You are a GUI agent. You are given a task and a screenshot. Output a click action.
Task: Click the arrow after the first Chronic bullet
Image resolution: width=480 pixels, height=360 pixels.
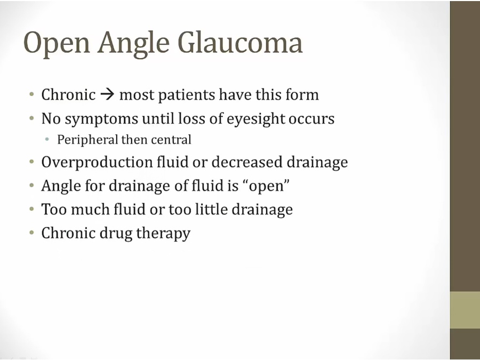click(x=107, y=95)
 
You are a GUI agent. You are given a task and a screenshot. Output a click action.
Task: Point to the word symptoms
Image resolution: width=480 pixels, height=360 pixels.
click(x=101, y=119)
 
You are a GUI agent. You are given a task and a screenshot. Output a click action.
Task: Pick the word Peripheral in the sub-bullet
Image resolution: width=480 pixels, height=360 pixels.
click(x=87, y=140)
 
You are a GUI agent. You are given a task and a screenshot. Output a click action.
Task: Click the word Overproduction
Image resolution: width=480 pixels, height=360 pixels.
click(x=97, y=162)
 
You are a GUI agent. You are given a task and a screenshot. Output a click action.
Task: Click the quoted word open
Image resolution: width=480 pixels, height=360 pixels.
click(x=267, y=187)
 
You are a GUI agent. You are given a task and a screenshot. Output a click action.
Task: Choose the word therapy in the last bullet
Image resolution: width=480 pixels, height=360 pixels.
click(x=163, y=234)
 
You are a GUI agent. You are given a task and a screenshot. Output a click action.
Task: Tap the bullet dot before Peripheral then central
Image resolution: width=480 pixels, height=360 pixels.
click(x=47, y=140)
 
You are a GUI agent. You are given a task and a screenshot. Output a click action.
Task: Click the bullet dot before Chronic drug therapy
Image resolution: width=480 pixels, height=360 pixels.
click(x=31, y=233)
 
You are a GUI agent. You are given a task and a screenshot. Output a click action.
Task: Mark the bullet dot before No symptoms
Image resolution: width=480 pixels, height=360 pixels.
click(x=31, y=118)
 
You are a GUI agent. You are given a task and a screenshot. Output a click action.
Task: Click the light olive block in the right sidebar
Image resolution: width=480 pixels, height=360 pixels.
click(x=465, y=310)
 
